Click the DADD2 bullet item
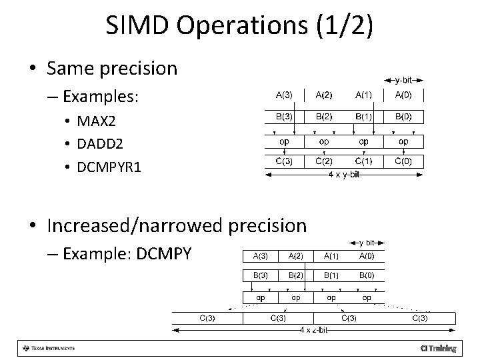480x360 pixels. pyautogui.click(x=101, y=143)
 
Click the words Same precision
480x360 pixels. pyautogui.click(x=113, y=68)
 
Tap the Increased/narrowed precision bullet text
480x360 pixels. pyautogui.click(x=177, y=225)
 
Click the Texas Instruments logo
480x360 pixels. pyautogui.click(x=49, y=348)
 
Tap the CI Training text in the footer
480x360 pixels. pyautogui.click(x=438, y=348)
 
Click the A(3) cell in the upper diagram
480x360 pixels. pyautogui.click(x=284, y=95)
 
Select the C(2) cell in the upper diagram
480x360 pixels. pyautogui.click(x=324, y=161)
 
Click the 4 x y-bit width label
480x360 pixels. pyautogui.click(x=344, y=175)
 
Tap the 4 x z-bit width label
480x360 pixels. pyautogui.click(x=314, y=330)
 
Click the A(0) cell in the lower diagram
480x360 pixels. pyautogui.click(x=366, y=255)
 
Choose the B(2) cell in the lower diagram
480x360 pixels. pyautogui.click(x=296, y=274)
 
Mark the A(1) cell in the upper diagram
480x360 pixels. pyautogui.click(x=364, y=95)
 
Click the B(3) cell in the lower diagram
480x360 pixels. pyautogui.click(x=260, y=274)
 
